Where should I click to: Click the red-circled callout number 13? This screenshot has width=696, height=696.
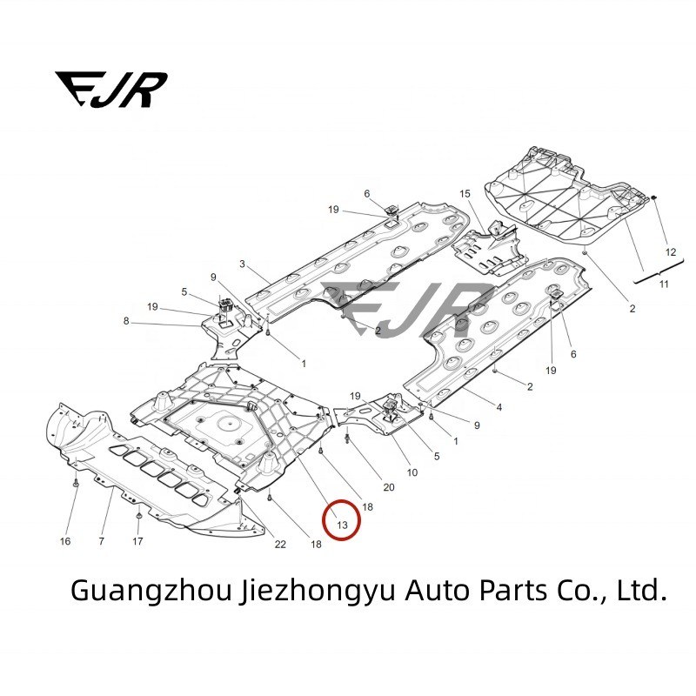click(x=341, y=525)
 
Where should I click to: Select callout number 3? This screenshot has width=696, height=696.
click(x=242, y=264)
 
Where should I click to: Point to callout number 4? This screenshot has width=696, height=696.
click(x=499, y=407)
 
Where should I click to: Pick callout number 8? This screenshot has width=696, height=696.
click(x=126, y=321)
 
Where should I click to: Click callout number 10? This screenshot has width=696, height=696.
click(x=412, y=472)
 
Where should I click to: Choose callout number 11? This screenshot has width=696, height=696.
click(x=664, y=284)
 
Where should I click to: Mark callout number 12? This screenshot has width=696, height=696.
click(x=670, y=251)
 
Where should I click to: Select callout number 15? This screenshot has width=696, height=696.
click(x=465, y=193)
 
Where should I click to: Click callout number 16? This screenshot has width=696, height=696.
click(x=65, y=542)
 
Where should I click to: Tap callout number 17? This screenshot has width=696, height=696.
click(x=137, y=542)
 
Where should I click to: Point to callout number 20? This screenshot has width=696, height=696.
click(x=388, y=487)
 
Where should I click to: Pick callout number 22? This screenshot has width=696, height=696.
click(x=280, y=545)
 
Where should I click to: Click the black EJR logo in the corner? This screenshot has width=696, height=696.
click(x=110, y=89)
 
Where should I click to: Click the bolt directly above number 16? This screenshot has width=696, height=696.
click(x=77, y=481)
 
